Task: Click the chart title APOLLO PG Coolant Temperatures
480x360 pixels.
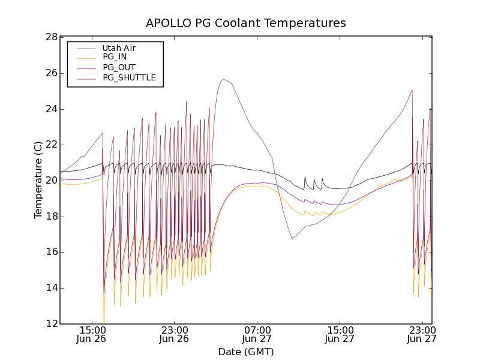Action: coord(246,23)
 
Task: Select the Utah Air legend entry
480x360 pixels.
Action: coord(119,48)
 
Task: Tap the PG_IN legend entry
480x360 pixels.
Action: coord(115,57)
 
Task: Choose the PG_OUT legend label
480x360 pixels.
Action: coord(119,67)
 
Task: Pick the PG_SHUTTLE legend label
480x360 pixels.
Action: coord(129,77)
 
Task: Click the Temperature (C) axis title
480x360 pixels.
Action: coord(38,180)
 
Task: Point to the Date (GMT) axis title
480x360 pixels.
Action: coord(246,352)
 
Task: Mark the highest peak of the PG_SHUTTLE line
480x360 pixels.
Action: coord(223,79)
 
